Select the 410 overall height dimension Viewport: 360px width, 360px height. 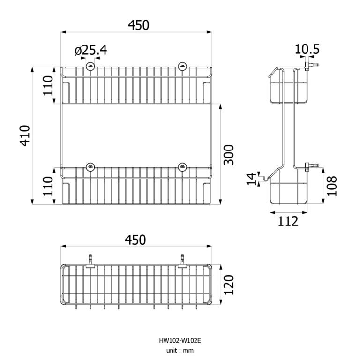(25, 136)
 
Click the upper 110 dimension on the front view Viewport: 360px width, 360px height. (49, 85)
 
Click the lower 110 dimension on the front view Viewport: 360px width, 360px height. (49, 186)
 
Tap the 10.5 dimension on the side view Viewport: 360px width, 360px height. (307, 49)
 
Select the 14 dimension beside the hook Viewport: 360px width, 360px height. (252, 179)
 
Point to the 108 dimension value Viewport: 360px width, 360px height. (332, 186)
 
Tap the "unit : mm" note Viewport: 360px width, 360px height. (180, 350)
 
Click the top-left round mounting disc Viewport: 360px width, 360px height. (89, 66)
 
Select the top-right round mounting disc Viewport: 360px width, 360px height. (182, 66)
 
